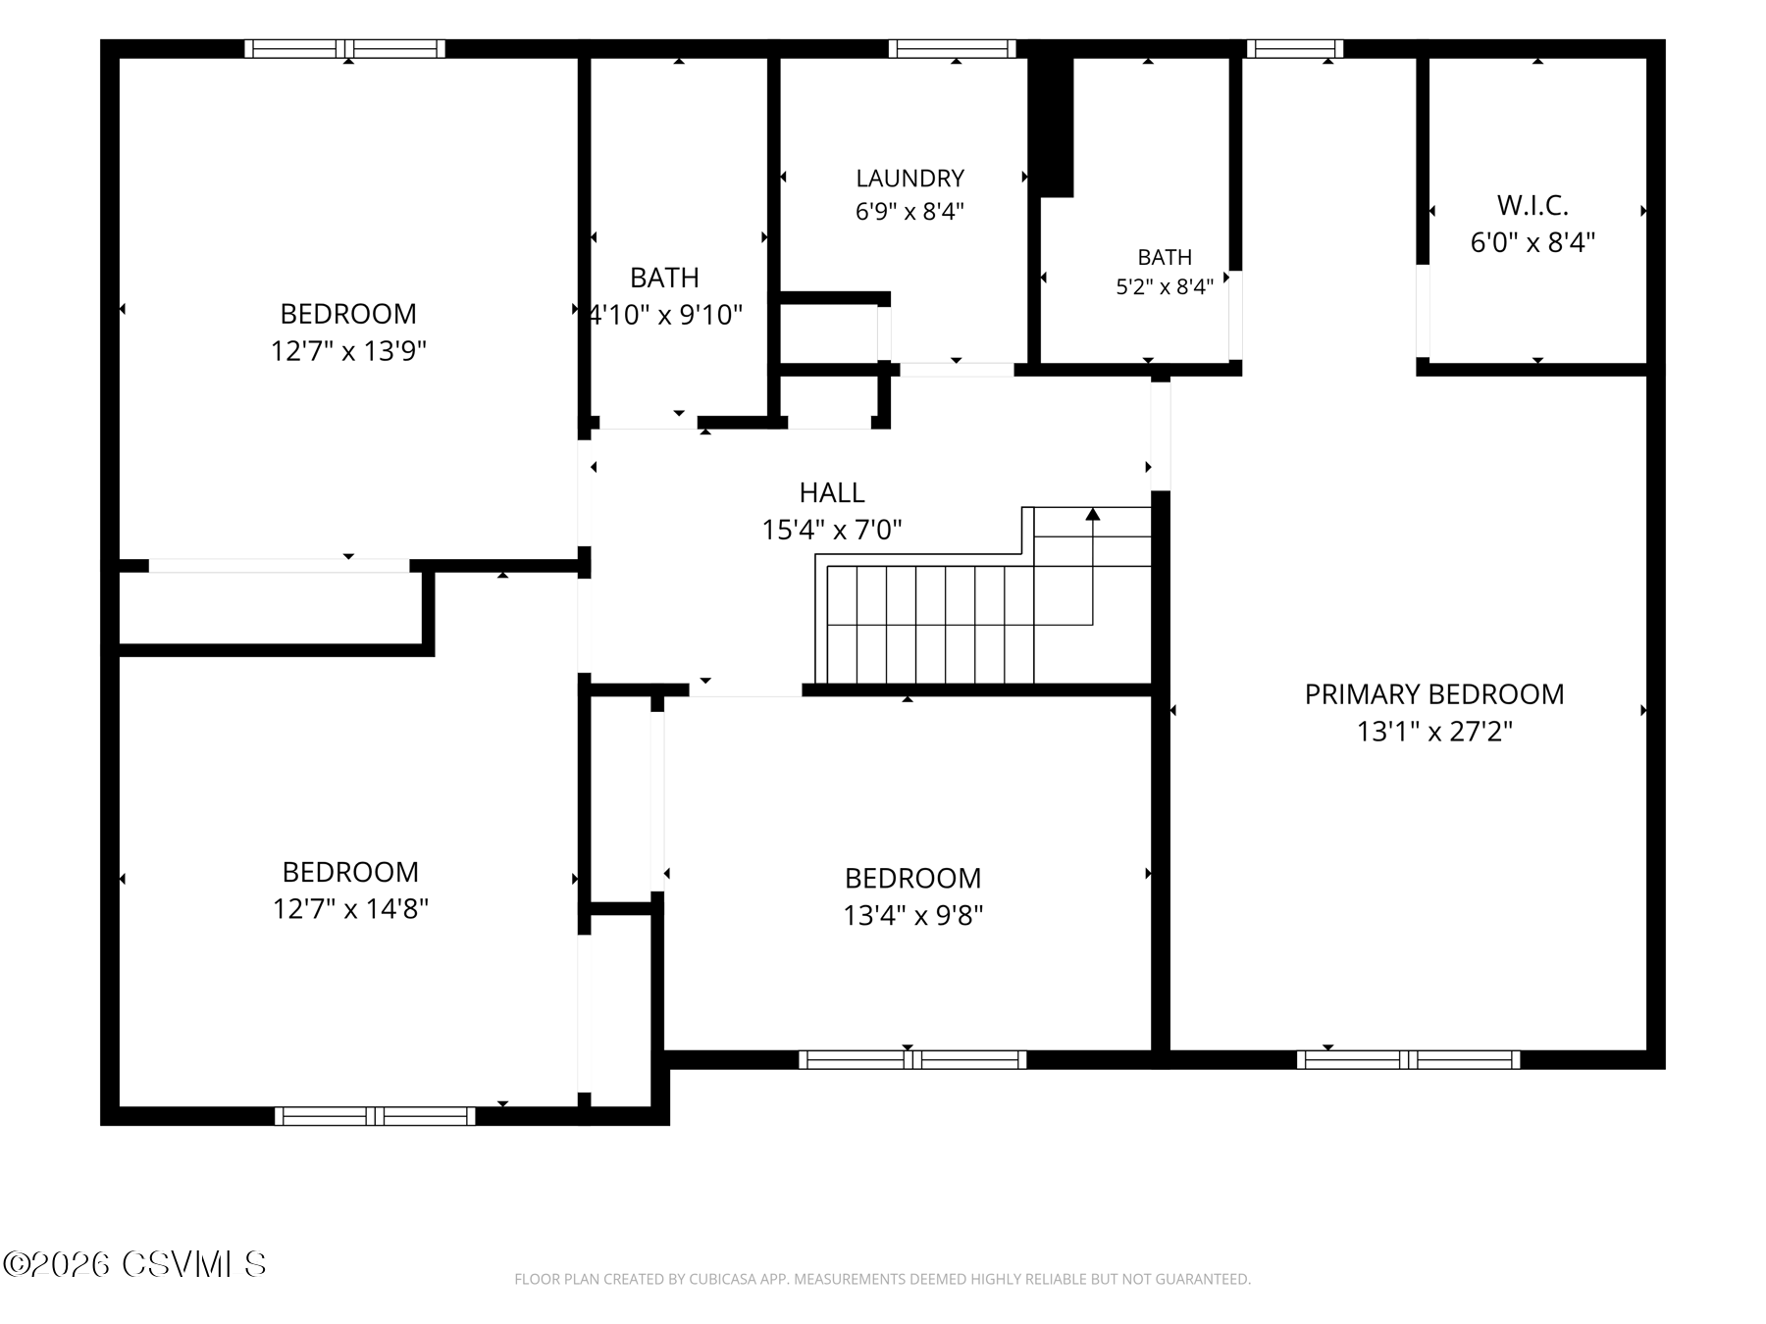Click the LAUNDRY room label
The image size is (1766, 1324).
pos(909,178)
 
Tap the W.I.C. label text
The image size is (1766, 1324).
pos(1532,206)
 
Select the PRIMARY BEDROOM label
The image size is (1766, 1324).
pos(1434,694)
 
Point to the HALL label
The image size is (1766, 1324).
pos(832,492)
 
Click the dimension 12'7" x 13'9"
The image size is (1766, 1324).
pos(348,351)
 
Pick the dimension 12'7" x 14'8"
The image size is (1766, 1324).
pos(350,909)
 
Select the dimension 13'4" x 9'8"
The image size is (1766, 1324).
pos(913,915)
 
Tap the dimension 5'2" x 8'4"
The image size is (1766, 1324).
pos(1165,286)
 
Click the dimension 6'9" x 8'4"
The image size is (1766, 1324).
pos(909,212)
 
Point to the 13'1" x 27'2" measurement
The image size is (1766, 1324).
pos(1434,732)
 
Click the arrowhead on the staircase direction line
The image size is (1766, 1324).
pos(1092,514)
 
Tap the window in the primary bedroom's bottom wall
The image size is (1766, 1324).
pos(1408,1059)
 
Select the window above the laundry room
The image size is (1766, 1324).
pos(952,48)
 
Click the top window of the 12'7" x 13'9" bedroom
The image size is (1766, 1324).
pos(344,48)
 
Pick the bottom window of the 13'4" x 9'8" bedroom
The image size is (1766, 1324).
pos(912,1059)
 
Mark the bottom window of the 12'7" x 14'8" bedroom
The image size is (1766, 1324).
pos(375,1115)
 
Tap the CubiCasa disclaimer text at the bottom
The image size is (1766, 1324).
pos(882,1279)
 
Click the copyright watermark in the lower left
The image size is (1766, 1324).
pos(134,1264)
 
